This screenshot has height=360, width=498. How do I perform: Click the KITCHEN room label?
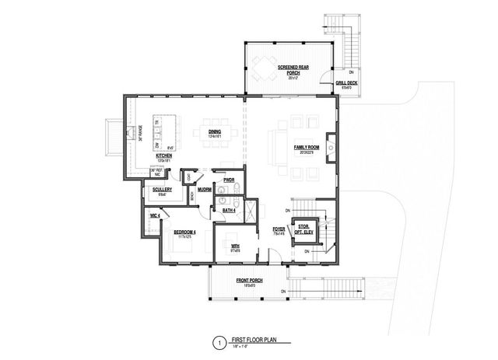pos(163,156)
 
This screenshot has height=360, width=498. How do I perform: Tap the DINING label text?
pos(216,132)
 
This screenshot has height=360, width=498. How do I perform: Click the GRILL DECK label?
pos(345,82)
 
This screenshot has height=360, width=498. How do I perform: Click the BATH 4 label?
pos(229,210)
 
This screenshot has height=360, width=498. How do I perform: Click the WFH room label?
pos(234,247)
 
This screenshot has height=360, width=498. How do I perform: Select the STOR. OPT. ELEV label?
pos(303,229)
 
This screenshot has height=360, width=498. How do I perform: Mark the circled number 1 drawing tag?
pos(220,341)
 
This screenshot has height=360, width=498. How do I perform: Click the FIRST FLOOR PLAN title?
pos(254,339)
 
